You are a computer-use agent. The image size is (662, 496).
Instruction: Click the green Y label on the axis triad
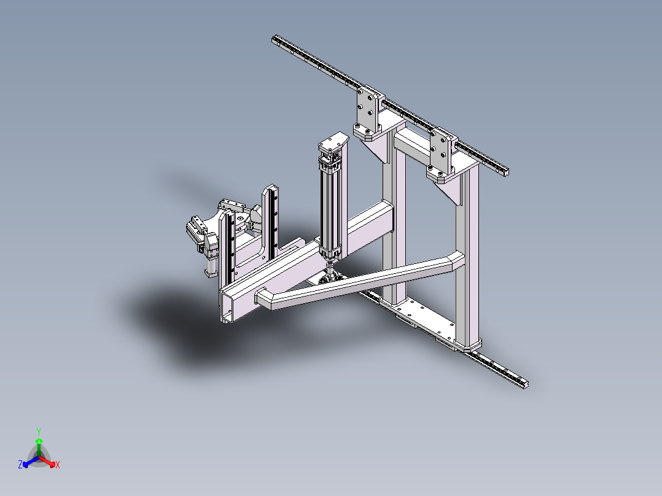point(39,432)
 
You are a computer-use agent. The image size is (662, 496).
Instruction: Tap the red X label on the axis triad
point(58,465)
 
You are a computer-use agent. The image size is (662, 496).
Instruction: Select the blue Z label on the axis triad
point(20,465)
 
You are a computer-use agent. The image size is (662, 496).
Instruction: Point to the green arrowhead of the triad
point(39,441)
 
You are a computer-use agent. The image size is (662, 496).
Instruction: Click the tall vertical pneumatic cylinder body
point(329,209)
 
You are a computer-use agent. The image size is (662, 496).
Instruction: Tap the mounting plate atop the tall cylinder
point(333,142)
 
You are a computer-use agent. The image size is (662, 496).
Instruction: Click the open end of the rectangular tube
point(226,309)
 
